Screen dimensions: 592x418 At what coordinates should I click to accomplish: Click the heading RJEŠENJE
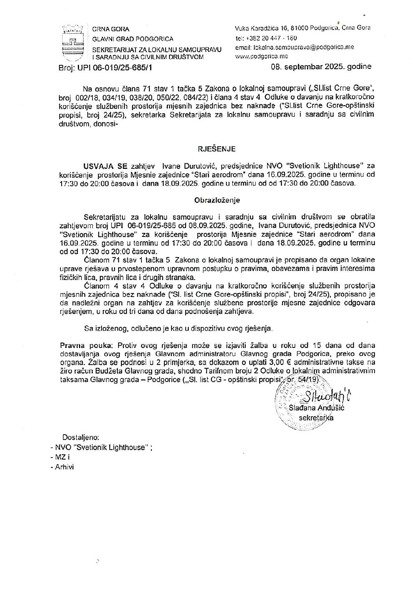[217, 149]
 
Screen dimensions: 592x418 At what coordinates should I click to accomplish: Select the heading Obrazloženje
[217, 200]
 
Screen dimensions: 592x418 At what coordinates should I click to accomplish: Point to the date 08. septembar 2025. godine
[321, 66]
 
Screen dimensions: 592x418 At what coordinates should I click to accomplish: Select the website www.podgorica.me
[261, 56]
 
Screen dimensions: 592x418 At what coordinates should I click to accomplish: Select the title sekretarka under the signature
[316, 418]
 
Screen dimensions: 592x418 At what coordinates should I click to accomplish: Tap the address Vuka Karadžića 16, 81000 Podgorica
[286, 28]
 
